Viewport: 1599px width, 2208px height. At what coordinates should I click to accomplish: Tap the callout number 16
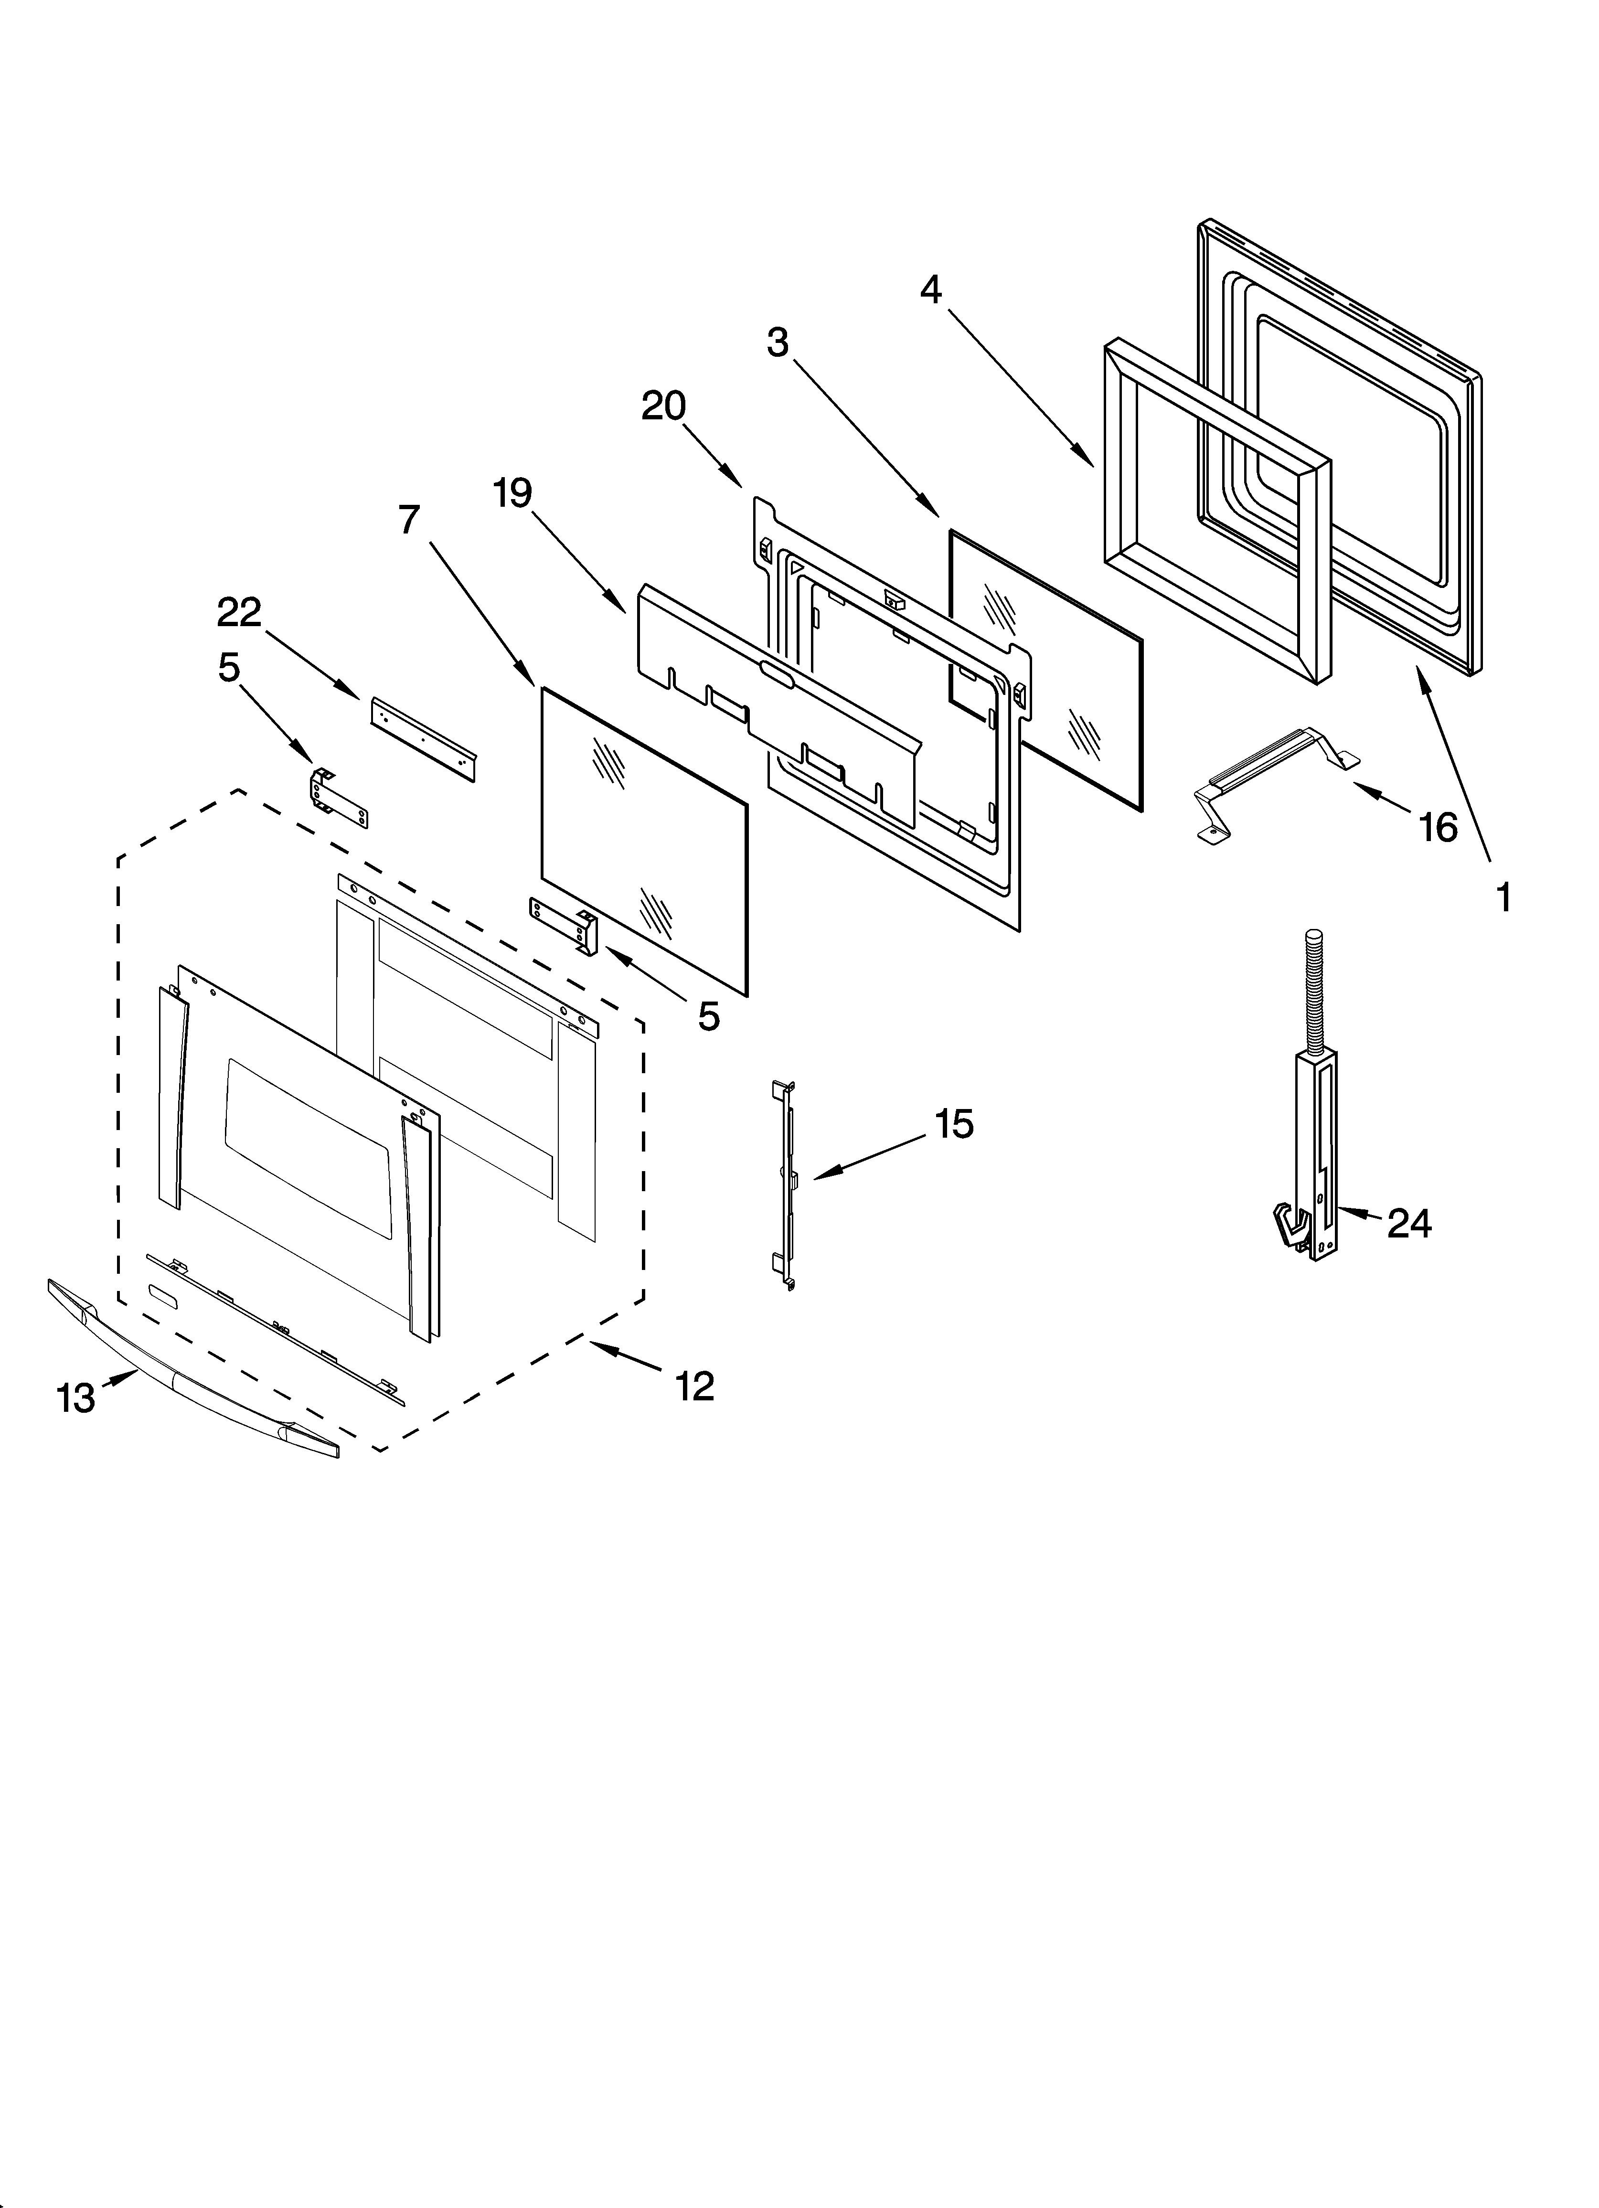coord(1439,828)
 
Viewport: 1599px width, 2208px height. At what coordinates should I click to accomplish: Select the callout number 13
coord(76,1399)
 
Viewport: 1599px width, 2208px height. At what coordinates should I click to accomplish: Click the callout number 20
coord(663,406)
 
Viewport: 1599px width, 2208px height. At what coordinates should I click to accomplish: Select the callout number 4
coord(931,289)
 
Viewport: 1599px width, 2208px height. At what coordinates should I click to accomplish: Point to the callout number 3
coord(777,343)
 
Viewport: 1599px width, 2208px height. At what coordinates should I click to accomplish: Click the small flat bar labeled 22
coord(423,725)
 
